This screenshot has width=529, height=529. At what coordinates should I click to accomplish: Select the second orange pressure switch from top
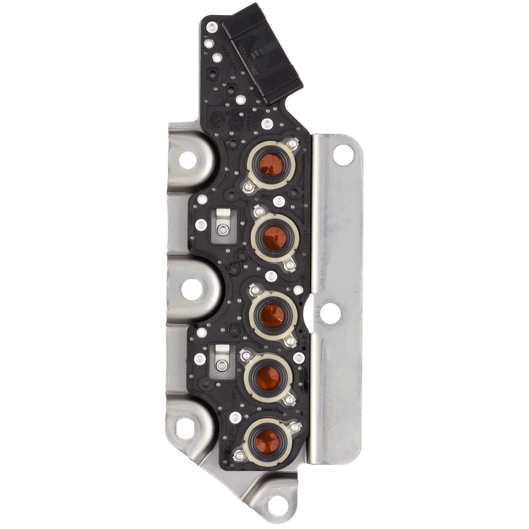point(273,236)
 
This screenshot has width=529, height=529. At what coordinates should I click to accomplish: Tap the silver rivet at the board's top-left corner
point(212,26)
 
